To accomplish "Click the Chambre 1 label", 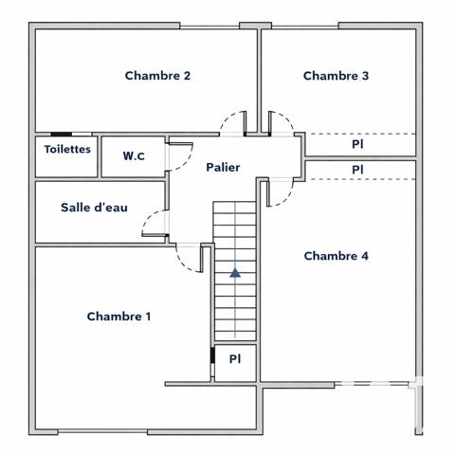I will pos(118,317).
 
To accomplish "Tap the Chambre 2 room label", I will pos(158,76).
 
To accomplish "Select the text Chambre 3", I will pos(336,76).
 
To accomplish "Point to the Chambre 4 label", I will pos(336,256).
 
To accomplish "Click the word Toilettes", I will pos(67,150).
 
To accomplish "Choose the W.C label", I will pos(133,156).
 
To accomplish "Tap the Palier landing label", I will pos(223,168).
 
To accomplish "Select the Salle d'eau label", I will pos(94,208).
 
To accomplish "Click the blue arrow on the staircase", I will pos(234,273).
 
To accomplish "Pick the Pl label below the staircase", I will pos(235,359).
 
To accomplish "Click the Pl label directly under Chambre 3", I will pos(357,145).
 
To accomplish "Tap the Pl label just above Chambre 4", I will pos(357,170).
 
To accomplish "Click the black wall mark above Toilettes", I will pos(61,134).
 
